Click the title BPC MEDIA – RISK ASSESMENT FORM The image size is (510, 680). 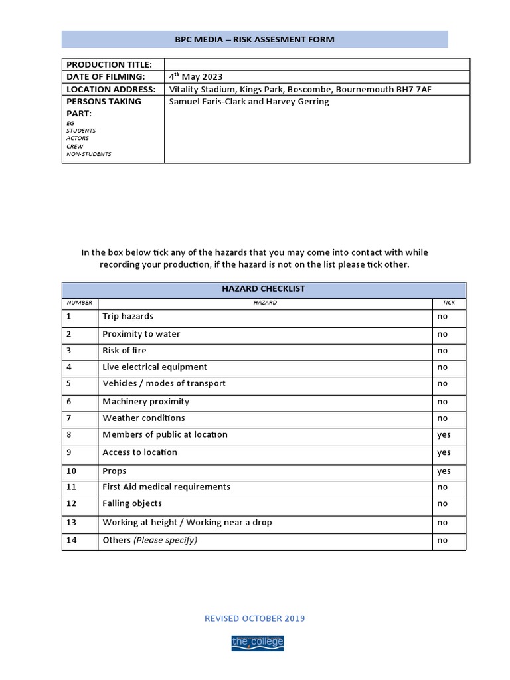(254, 40)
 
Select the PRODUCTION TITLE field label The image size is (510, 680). (109, 64)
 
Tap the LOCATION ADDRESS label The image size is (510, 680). (111, 89)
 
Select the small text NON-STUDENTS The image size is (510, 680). (89, 154)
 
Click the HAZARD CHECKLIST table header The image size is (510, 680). (264, 289)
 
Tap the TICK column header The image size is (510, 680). (449, 303)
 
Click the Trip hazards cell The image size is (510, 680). (127, 316)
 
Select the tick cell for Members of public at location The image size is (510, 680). (444, 435)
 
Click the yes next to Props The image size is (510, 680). (444, 471)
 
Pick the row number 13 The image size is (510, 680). (72, 523)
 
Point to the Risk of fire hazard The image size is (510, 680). (124, 350)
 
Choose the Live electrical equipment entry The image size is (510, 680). (155, 367)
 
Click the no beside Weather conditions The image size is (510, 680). (442, 418)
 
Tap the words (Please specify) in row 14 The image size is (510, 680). (165, 540)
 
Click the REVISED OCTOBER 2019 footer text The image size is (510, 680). (254, 618)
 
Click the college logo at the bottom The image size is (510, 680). (257, 642)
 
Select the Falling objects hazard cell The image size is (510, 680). (132, 503)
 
